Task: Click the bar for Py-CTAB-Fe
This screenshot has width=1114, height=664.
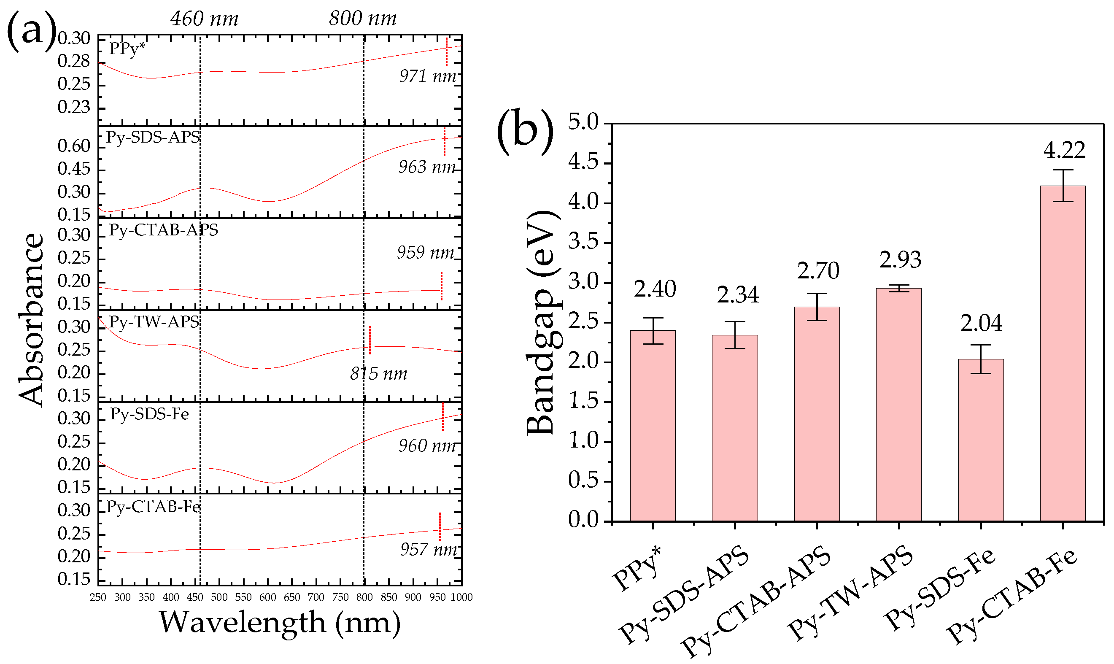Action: coord(1063,354)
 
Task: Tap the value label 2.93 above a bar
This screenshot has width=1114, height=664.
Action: coord(900,260)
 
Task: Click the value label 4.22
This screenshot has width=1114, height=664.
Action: coord(1064,150)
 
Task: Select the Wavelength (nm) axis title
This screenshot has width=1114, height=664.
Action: coord(280,622)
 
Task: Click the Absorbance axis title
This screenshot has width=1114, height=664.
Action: coord(31,319)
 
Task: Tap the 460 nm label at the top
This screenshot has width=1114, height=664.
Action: coord(205,19)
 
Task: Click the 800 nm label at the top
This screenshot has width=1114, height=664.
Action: coord(363,19)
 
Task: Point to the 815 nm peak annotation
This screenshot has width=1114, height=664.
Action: coord(378,374)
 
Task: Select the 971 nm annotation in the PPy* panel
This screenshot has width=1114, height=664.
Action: coord(427,76)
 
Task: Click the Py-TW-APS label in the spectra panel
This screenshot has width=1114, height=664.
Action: coord(154,322)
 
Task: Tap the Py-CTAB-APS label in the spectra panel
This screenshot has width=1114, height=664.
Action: coord(163,229)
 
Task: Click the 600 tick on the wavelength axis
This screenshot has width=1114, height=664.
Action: coord(267,597)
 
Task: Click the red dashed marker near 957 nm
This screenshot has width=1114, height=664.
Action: coord(440,526)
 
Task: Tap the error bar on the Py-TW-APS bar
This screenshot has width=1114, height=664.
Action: coord(899,289)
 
